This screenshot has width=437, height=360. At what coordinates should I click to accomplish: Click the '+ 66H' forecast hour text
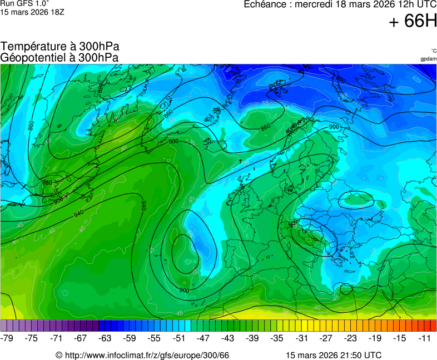pyautogui.click(x=413, y=21)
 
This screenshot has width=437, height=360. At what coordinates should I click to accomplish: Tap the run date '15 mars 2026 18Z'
pyautogui.click(x=32, y=12)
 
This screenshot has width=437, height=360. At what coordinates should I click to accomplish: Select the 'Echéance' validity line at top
pyautogui.click(x=340, y=4)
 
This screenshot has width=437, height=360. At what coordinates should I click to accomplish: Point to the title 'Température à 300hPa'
pyautogui.click(x=60, y=47)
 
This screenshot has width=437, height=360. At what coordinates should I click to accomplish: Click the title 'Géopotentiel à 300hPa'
pyautogui.click(x=60, y=57)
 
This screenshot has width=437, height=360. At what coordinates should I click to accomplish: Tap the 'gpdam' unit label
pyautogui.click(x=428, y=59)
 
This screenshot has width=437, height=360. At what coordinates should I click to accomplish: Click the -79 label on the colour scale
pyautogui.click(x=7, y=338)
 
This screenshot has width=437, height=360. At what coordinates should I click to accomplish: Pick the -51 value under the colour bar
pyautogui.click(x=178, y=338)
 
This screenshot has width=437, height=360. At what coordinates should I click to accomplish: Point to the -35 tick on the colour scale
pyautogui.click(x=277, y=338)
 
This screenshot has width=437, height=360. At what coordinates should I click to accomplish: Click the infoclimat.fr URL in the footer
pyautogui.click(x=142, y=355)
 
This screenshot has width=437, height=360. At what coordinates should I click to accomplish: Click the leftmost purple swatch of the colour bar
pyautogui.click(x=4, y=326)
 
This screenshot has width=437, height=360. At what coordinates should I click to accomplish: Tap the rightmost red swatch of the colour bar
pyautogui.click(x=433, y=326)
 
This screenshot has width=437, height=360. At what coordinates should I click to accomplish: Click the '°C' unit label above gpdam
pyautogui.click(x=433, y=51)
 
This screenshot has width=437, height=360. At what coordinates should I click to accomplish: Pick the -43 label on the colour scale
pyautogui.click(x=228, y=338)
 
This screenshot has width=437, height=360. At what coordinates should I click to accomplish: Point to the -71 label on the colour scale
pyautogui.click(x=56, y=338)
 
